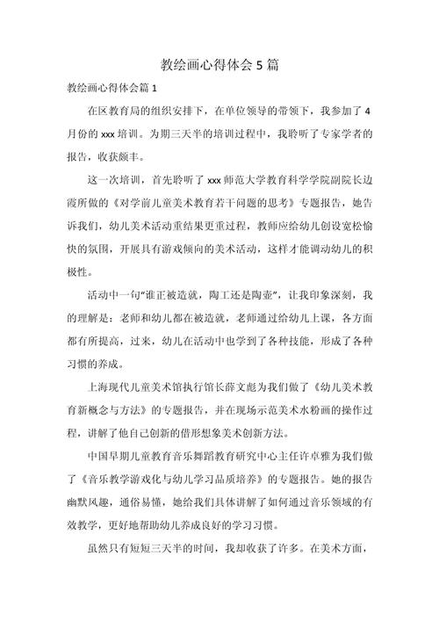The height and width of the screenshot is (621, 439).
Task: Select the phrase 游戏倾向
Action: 184,249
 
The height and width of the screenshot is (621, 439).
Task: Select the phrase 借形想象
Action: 209,432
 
